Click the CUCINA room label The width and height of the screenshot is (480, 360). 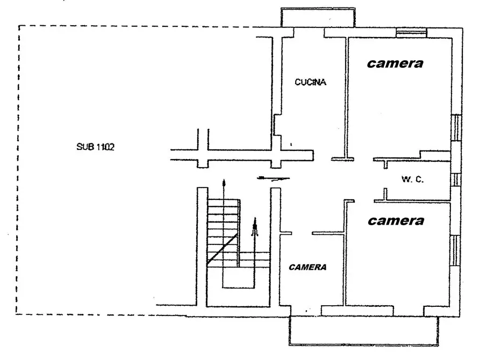(x=310, y=82)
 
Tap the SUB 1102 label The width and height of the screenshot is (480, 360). (x=95, y=147)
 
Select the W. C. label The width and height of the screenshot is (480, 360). (x=413, y=179)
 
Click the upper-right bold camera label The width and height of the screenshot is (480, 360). (x=395, y=63)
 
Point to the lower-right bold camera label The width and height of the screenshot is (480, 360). (x=396, y=221)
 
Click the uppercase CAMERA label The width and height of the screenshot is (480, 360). (x=307, y=267)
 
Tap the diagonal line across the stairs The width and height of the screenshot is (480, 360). (x=222, y=249)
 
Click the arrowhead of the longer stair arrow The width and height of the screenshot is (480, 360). (x=224, y=183)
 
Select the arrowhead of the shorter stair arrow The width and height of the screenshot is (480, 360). (x=255, y=221)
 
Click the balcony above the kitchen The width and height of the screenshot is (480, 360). (x=318, y=18)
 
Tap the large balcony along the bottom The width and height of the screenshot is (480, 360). (x=364, y=331)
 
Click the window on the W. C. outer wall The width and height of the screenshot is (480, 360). (x=456, y=179)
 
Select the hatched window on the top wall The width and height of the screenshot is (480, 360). (x=411, y=32)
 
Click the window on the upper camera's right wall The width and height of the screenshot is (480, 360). (x=456, y=128)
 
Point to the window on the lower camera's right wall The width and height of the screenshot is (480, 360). (x=455, y=250)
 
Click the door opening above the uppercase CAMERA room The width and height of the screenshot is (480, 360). (x=302, y=233)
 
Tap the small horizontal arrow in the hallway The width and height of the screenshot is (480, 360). (x=274, y=178)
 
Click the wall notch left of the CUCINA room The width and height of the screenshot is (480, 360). (x=277, y=125)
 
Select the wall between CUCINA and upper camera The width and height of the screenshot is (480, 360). (x=347, y=98)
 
